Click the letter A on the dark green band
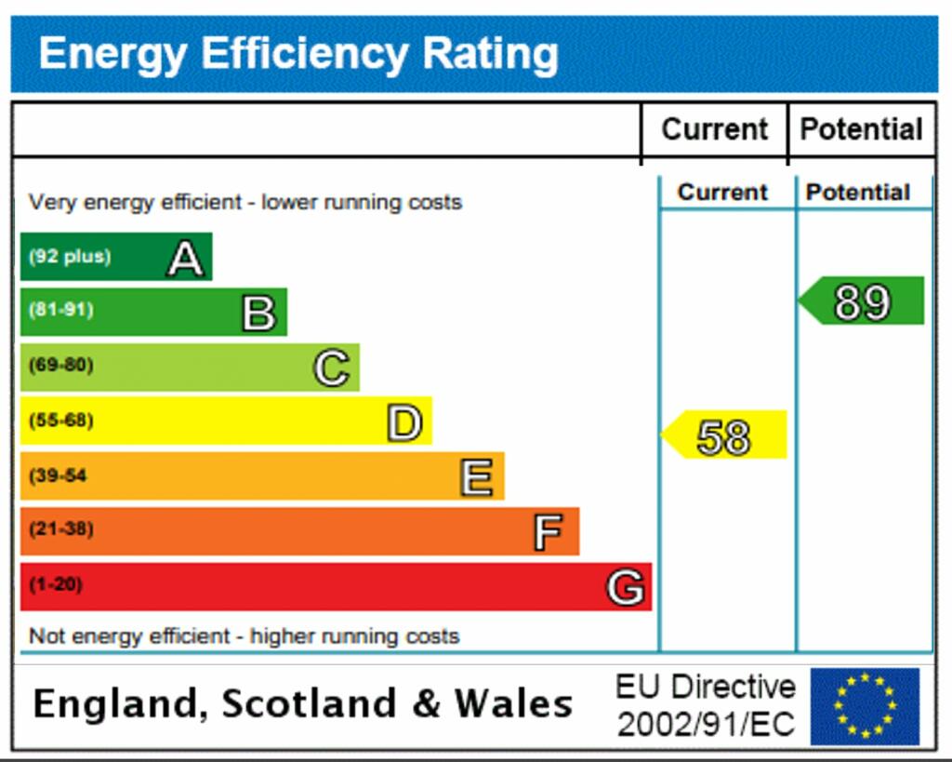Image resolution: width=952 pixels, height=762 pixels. pos(185,258)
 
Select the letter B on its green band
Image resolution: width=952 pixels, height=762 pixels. pos(259,313)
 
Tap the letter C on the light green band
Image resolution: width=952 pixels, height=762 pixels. pos(332,368)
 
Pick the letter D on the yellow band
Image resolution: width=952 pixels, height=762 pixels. pos(404,423)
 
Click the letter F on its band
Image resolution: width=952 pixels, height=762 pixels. pos(549,532)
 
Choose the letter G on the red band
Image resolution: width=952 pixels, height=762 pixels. pos(626,587)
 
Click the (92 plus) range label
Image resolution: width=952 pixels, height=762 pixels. pos(70,256)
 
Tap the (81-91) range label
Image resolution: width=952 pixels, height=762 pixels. pos(61,310)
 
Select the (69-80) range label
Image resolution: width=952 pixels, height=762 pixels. pos(61,365)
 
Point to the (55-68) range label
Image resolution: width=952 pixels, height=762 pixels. pos(61,421)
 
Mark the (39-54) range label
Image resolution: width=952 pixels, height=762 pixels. pos(58,475)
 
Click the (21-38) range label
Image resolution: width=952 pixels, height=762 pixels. pos(61,529)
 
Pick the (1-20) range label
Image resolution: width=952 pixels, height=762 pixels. pos(56,585)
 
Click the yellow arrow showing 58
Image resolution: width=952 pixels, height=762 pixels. pos(724,435)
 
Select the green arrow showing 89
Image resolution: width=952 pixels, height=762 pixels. pos(862,301)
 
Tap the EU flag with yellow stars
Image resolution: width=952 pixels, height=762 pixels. pos(865,706)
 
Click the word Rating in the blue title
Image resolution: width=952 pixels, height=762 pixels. pos(490,53)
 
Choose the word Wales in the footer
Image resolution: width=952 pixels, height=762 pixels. pos(512,703)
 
